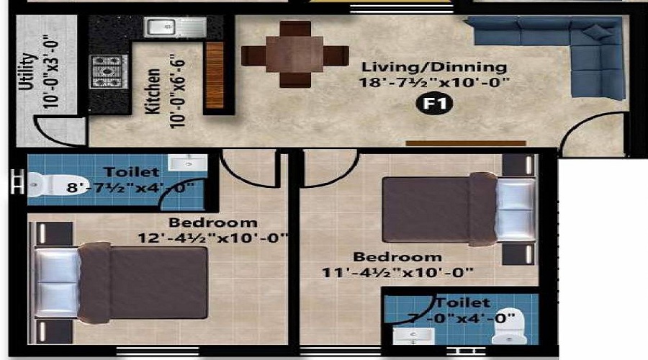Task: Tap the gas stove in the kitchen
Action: pyautogui.click(x=109, y=71)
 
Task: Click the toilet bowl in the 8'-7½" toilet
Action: pyautogui.click(x=43, y=185)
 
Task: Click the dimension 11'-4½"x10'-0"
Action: pyautogui.click(x=397, y=271)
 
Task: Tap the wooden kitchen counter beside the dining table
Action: pyautogui.click(x=215, y=76)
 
